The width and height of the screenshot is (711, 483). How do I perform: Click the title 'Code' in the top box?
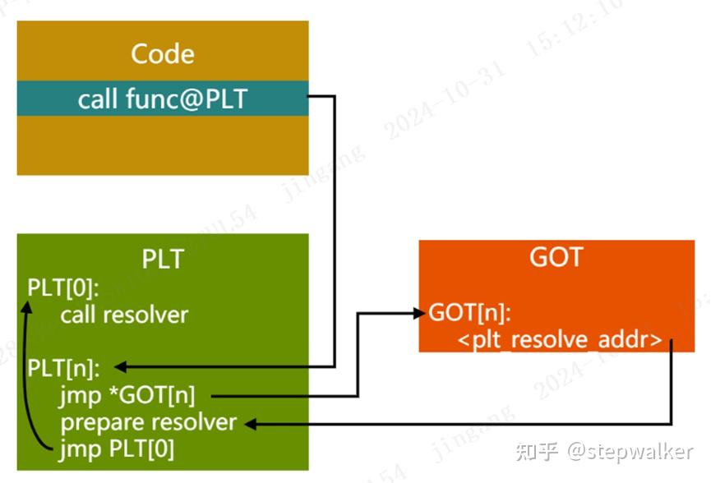pos(163,54)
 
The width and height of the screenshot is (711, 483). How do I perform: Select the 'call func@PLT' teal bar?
pos(163,99)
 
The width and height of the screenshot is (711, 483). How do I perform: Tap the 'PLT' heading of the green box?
pos(163,259)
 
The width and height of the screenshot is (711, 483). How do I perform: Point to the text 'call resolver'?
pos(124,315)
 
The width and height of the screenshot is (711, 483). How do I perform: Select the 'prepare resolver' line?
pos(149,422)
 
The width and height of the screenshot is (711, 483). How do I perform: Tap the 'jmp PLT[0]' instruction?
pos(117,449)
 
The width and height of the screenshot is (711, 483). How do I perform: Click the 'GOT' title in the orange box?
pos(556,257)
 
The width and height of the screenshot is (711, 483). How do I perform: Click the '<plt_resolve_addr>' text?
pos(559,339)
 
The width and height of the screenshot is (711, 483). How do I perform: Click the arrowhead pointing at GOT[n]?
pos(420,312)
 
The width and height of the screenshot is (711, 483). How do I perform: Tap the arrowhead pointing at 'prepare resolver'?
pos(251,424)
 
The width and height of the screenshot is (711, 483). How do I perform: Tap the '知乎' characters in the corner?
pos(536,451)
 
